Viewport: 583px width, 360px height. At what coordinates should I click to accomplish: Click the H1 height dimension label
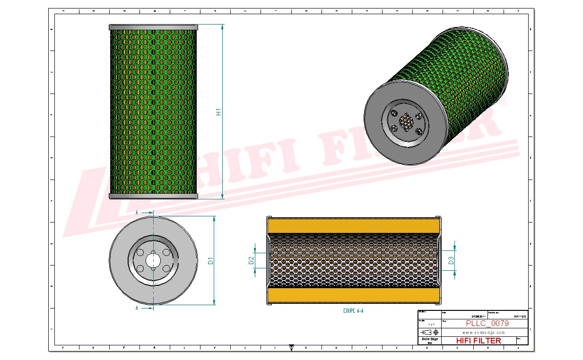[219, 112]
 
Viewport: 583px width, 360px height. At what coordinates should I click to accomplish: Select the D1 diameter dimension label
[211, 260]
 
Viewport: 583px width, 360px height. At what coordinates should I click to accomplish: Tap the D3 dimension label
[451, 260]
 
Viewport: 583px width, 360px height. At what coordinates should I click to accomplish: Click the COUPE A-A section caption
[353, 311]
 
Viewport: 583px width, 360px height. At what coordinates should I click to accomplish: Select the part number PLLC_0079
[487, 324]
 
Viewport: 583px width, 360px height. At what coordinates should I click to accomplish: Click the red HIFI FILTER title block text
[478, 341]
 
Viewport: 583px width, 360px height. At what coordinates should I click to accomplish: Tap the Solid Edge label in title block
[429, 339]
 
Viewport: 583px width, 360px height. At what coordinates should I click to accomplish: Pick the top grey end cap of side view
[153, 27]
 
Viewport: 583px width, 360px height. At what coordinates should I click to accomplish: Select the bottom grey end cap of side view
[153, 196]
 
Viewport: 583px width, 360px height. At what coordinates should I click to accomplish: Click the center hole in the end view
[153, 260]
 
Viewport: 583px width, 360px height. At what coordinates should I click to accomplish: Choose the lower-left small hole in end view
[140, 268]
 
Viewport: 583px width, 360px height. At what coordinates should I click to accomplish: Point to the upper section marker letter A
[137, 213]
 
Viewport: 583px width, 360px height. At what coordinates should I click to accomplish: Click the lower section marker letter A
[137, 308]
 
